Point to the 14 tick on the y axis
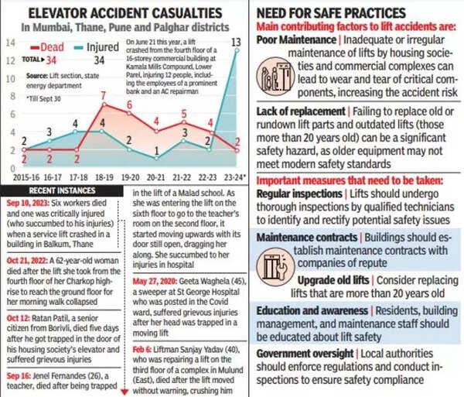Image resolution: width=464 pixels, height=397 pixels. coord(9,40)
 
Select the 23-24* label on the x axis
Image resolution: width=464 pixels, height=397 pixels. coord(235,177)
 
